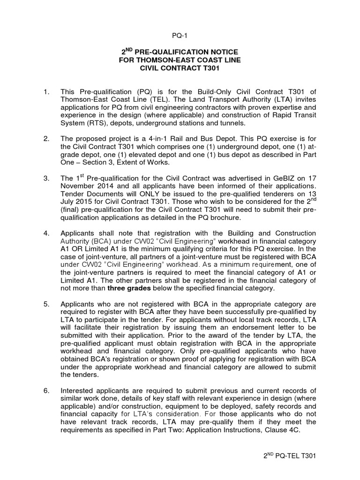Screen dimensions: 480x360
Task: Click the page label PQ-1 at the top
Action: (180, 35)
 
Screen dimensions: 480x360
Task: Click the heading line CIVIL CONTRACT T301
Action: (180, 68)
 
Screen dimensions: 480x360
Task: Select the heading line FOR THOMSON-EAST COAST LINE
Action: (180, 60)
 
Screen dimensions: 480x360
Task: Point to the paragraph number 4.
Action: (46, 233)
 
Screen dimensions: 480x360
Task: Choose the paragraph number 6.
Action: (46, 390)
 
